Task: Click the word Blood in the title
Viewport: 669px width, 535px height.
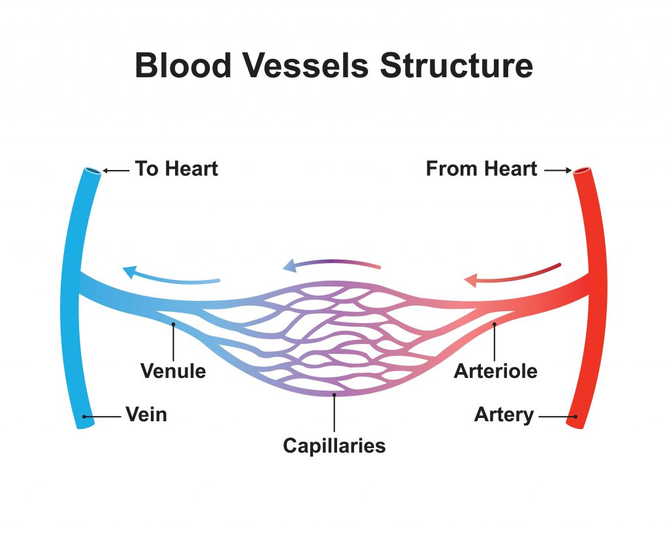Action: pos(182,65)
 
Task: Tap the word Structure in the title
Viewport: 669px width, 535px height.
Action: pos(457,65)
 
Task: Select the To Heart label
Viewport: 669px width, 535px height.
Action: pos(176,169)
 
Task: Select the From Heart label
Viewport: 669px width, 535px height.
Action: pos(481,169)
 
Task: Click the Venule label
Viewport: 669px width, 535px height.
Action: pos(173,371)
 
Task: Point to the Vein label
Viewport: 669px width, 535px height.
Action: pos(146,415)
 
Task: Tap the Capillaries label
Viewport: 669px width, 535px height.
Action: pos(334,446)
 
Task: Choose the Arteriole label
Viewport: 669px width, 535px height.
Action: pos(495,371)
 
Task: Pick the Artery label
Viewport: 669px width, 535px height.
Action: pos(504,415)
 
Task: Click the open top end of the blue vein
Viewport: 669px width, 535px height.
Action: pos(92,171)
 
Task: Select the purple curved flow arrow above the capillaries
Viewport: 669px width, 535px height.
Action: pos(331,264)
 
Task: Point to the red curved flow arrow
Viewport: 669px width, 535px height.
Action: pos(512,274)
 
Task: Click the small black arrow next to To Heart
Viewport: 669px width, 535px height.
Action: pos(116,171)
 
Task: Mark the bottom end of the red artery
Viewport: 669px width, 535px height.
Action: pos(574,424)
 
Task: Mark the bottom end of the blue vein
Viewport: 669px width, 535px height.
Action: pos(85,424)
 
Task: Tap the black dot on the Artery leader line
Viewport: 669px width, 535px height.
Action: pos(575,416)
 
